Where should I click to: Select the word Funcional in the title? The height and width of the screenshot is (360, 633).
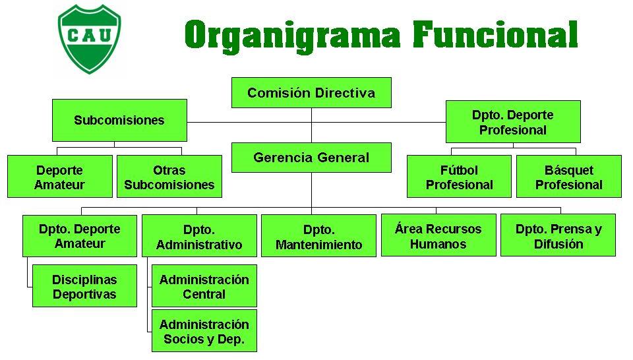point(495,34)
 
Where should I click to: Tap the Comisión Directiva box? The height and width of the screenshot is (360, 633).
point(311,92)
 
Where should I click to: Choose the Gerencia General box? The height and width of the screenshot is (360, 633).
point(311,158)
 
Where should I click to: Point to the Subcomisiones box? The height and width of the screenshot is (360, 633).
point(119,120)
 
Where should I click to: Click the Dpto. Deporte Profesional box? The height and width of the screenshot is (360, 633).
point(513,122)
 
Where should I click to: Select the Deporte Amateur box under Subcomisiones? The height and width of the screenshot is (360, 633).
point(60,177)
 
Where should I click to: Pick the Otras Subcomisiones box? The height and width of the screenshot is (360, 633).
point(169,177)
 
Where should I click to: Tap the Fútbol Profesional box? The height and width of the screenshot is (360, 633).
point(459,177)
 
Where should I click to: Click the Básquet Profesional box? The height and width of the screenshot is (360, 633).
point(568,177)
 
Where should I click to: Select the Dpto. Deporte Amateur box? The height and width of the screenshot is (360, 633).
point(80,235)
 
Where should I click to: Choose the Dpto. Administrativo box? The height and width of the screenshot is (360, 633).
point(199,236)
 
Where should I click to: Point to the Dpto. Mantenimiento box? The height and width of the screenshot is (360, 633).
point(319,236)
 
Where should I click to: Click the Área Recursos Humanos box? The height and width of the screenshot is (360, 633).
point(438,235)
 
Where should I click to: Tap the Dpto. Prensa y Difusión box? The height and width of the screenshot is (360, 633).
point(558,235)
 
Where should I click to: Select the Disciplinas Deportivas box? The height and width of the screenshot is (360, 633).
point(84,286)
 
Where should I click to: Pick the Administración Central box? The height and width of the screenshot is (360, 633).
point(204,286)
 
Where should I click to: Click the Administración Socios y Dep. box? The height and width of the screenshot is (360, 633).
point(204,332)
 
